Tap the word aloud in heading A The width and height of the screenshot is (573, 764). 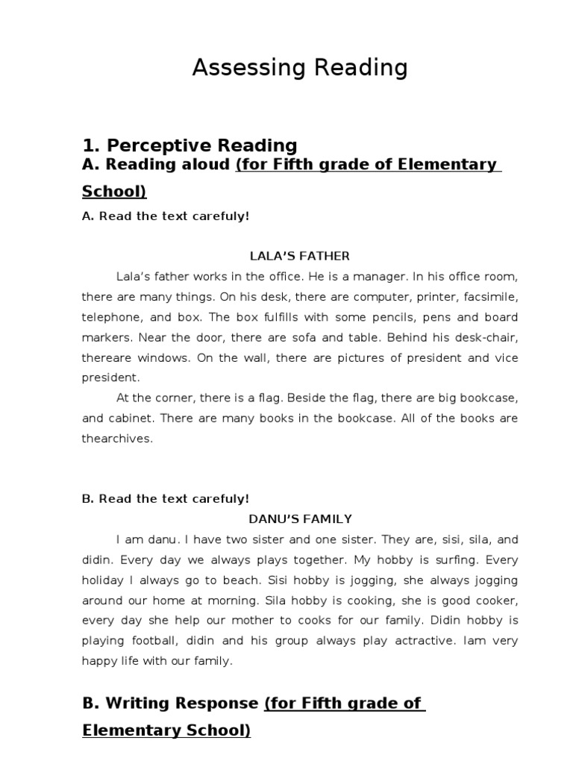pos(204,164)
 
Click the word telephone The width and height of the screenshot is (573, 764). pos(107,316)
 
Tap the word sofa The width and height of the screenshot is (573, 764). pos(294,337)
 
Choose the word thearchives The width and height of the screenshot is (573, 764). pos(117,439)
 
